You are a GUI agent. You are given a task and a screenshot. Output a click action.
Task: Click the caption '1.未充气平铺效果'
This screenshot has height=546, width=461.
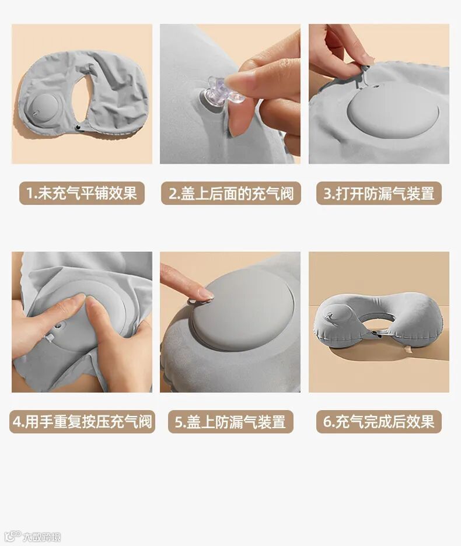(x=82, y=193)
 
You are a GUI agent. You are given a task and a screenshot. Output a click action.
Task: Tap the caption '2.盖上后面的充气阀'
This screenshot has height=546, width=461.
(x=231, y=193)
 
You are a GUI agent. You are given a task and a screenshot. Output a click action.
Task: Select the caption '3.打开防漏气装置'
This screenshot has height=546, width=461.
(x=379, y=193)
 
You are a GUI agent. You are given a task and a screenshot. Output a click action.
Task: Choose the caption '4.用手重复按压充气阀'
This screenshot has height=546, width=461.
(x=82, y=421)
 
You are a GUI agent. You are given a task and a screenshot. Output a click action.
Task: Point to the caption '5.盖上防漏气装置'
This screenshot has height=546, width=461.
(x=230, y=422)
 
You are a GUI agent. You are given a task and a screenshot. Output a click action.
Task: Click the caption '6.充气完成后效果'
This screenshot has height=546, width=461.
(x=379, y=421)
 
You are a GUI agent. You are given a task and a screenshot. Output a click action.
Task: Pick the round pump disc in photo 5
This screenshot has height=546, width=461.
(x=243, y=310)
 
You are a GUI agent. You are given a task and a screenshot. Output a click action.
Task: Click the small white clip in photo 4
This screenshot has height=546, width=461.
(x=50, y=338)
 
